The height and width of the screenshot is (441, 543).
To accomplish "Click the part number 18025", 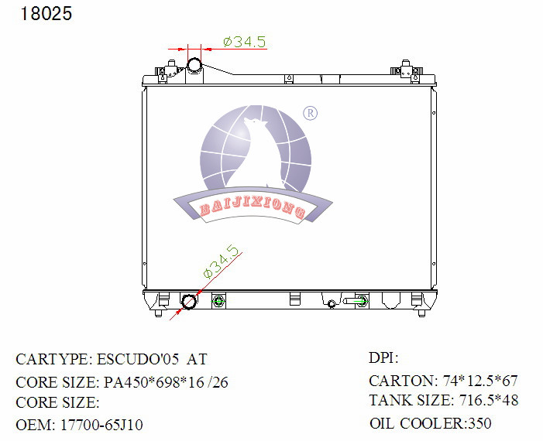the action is [46, 14].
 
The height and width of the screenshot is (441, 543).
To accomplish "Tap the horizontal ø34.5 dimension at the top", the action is [245, 42].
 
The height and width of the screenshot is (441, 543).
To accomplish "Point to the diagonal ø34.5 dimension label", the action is [221, 262].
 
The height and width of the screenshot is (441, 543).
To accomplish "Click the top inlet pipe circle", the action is [194, 65].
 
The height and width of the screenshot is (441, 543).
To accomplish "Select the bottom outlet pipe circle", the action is [189, 302].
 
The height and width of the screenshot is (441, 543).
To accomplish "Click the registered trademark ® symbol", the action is [310, 113].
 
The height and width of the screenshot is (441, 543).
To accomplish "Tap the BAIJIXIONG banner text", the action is [253, 207].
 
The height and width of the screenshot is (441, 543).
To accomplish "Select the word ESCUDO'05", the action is [138, 359].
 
